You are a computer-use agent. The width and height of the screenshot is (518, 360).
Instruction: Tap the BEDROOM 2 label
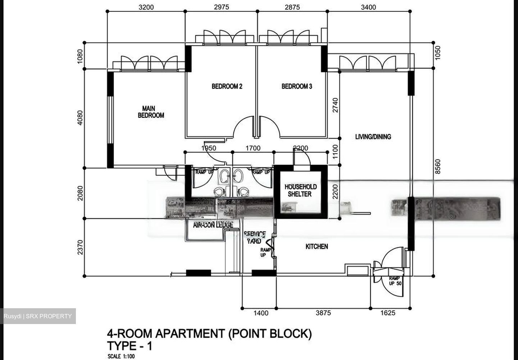pyautogui.click(x=227, y=86)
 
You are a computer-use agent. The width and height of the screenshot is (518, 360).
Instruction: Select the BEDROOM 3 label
pyautogui.click(x=297, y=86)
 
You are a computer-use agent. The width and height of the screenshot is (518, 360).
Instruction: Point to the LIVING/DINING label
pyautogui.click(x=373, y=137)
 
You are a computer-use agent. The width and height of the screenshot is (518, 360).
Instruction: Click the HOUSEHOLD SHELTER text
pyautogui.click(x=300, y=190)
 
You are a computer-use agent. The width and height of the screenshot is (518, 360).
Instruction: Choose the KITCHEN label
pyautogui.click(x=317, y=247)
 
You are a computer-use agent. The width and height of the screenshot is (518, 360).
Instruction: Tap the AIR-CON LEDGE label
pyautogui.click(x=213, y=225)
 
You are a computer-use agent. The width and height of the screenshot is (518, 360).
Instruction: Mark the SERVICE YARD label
pyautogui.click(x=255, y=238)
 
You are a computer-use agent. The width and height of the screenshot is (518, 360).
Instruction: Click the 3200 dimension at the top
pyautogui.click(x=146, y=7)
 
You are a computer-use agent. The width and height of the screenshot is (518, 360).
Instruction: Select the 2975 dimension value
pyautogui.click(x=221, y=7)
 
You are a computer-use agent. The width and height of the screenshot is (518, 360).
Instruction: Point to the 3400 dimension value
pyautogui.click(x=368, y=7)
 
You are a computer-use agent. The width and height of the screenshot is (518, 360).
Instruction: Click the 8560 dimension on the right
pyautogui.click(x=437, y=167)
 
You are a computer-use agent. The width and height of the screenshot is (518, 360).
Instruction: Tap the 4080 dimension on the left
pyautogui.click(x=80, y=117)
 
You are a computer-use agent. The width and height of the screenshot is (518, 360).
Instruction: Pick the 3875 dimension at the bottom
pyautogui.click(x=323, y=313)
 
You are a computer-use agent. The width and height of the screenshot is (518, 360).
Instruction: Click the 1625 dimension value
pyautogui.click(x=387, y=313)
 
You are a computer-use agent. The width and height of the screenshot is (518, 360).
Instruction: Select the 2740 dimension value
pyautogui.click(x=335, y=105)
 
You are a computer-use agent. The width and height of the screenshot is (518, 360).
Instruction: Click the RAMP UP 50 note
pyautogui.click(x=395, y=281)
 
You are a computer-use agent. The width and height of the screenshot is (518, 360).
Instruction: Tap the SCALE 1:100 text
pyautogui.click(x=121, y=356)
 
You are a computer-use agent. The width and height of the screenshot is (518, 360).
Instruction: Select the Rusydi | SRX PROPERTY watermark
pyautogui.click(x=38, y=316)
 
